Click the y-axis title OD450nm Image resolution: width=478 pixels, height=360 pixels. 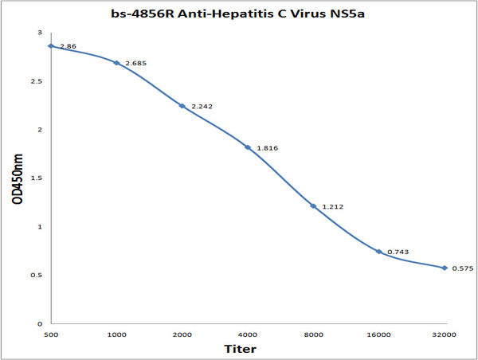point(16,178)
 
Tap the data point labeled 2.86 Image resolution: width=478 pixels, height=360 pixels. point(51,45)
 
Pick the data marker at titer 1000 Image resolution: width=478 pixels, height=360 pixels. point(116,62)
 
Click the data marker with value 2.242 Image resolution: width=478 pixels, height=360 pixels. point(182,106)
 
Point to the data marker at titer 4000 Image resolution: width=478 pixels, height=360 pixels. point(248,147)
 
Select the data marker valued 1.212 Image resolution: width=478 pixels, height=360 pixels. point(313,206)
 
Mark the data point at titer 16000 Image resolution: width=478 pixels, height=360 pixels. point(378,252)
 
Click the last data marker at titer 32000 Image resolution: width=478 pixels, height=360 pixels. point(445,268)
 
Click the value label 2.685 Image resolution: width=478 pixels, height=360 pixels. point(135,63)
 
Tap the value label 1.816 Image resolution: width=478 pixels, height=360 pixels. point(266,148)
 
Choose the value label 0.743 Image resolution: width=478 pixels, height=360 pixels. point(398,252)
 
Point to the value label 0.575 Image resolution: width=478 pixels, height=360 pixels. point(463,268)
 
